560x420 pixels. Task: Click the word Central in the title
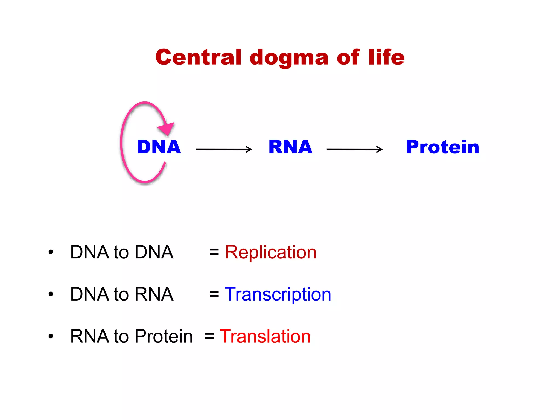point(199,57)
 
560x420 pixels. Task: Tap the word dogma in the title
point(289,58)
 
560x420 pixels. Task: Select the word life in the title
point(386,57)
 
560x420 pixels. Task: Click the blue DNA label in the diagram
point(159,147)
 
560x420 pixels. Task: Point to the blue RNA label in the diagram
point(290,147)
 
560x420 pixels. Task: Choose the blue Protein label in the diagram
point(442,147)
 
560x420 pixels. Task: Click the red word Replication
point(270,252)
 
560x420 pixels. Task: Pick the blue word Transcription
point(278,294)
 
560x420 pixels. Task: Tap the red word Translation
point(265,336)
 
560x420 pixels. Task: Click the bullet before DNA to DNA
point(51,252)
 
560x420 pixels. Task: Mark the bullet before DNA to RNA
point(51,294)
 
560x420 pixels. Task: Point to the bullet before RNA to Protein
point(51,336)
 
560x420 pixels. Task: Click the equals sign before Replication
point(214,252)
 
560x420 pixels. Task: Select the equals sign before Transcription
point(214,294)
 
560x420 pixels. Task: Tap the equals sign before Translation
point(209,336)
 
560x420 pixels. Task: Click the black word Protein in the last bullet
point(164,336)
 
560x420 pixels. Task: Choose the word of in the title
point(348,57)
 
